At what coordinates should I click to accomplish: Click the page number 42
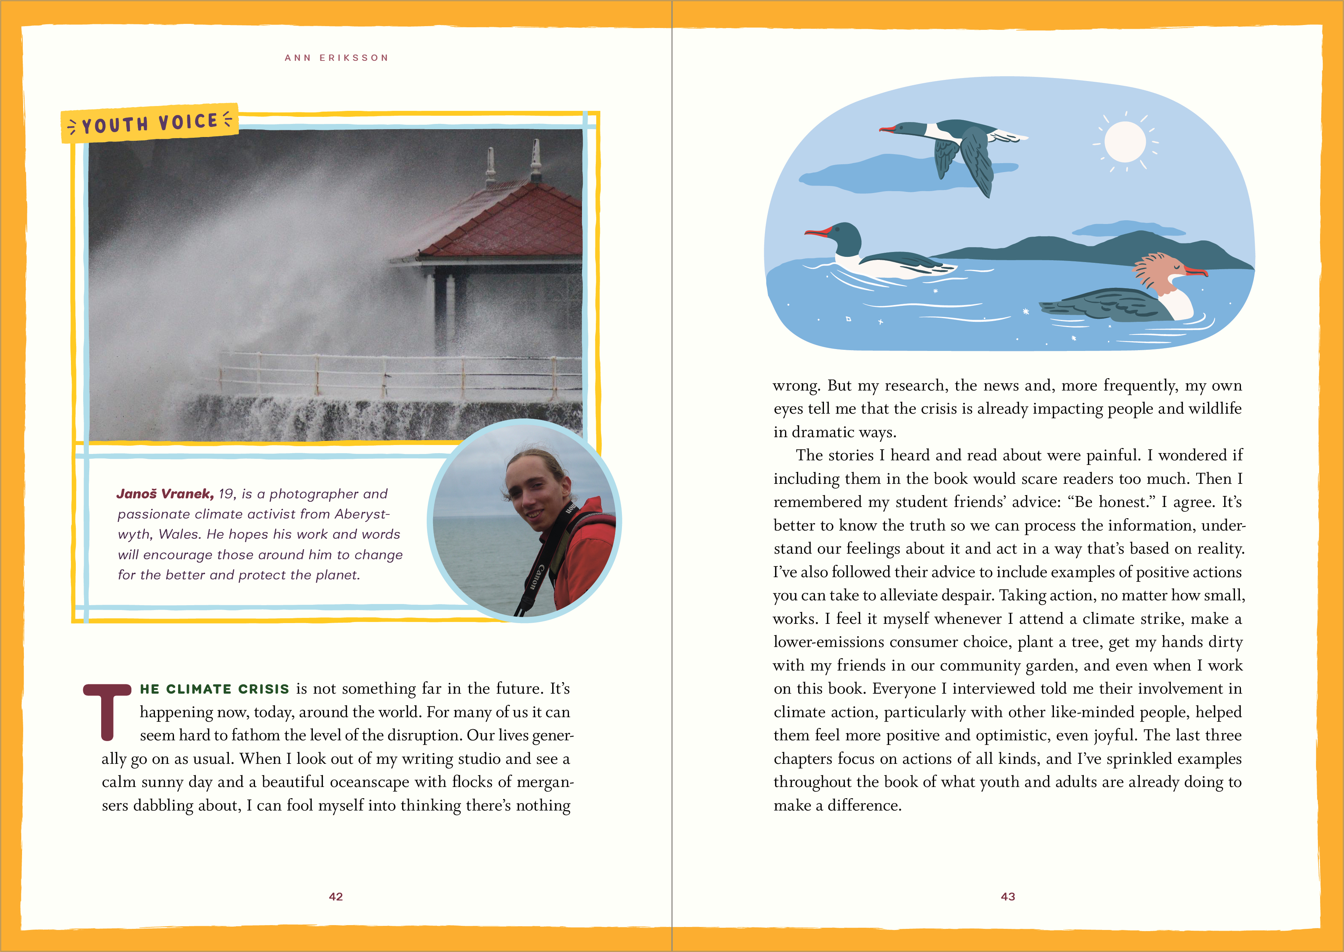[335, 896]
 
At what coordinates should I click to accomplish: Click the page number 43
[1008, 896]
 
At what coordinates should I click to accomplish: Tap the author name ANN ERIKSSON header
[336, 58]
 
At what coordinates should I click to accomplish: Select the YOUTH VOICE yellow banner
[149, 123]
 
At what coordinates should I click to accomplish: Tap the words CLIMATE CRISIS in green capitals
[227, 689]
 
